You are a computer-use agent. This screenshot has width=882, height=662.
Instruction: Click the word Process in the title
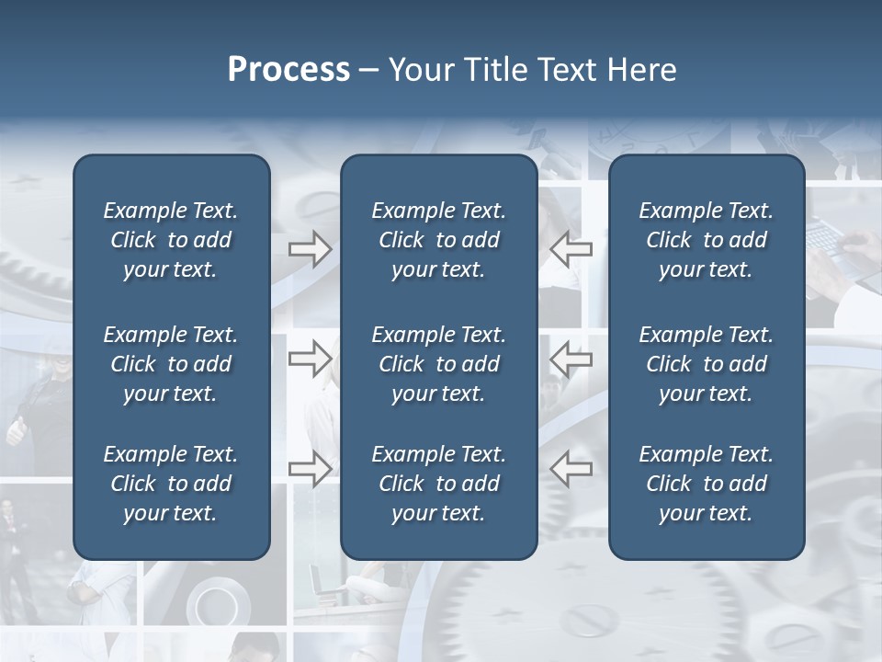click(288, 70)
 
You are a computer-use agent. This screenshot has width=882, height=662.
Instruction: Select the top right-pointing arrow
click(310, 249)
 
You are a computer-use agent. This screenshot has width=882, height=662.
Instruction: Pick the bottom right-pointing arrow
click(310, 469)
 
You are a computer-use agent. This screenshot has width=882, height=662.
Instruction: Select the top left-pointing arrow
click(571, 249)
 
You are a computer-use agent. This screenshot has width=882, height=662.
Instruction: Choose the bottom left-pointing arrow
click(571, 469)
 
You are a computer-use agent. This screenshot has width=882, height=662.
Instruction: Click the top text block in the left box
click(171, 240)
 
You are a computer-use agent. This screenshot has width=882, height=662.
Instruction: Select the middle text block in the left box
click(171, 364)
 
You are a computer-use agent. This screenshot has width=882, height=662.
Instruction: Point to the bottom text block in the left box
click(171, 484)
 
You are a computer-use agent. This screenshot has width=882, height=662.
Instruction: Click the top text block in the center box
click(439, 240)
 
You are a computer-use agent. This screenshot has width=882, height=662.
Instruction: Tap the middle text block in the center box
click(439, 364)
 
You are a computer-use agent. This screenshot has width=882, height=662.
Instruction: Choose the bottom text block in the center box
click(439, 484)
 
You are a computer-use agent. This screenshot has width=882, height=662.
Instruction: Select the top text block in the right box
click(707, 240)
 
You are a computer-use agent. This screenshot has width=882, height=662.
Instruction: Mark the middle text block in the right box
click(707, 364)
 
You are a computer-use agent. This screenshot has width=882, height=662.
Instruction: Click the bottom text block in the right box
click(707, 484)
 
